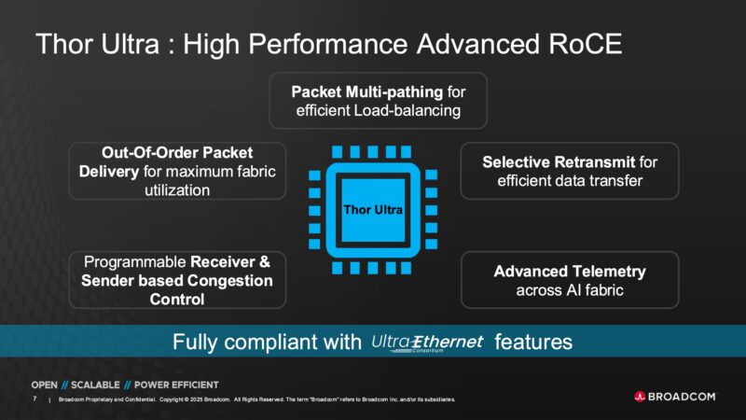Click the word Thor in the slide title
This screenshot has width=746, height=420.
(67, 44)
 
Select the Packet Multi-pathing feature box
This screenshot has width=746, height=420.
(378, 102)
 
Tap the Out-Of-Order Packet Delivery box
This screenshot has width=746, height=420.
(177, 170)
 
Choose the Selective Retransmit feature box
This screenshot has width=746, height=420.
(570, 171)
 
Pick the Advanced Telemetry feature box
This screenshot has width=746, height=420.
(570, 280)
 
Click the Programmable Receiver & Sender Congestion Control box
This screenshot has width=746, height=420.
(177, 280)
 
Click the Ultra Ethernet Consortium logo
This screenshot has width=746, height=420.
(428, 343)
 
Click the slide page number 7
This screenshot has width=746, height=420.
(35, 399)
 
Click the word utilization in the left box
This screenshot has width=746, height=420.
(177, 189)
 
